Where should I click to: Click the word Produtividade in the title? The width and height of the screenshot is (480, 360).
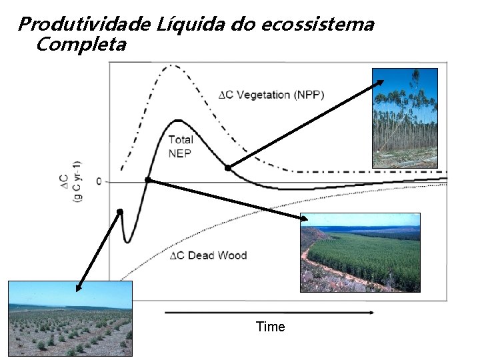click(x=85, y=25)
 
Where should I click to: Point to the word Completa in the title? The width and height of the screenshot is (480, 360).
click(x=80, y=45)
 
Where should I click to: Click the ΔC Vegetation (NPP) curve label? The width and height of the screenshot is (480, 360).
click(x=271, y=95)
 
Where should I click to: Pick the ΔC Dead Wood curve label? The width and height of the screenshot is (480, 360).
click(x=208, y=255)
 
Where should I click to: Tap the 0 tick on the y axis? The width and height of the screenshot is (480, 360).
click(x=99, y=181)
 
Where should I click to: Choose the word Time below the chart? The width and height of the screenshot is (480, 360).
click(x=270, y=327)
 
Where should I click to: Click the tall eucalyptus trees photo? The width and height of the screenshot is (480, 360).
click(x=405, y=117)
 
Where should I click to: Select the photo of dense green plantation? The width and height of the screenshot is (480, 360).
click(x=360, y=252)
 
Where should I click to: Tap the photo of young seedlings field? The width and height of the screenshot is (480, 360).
click(x=70, y=318)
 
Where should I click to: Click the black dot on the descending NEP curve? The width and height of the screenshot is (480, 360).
click(x=227, y=168)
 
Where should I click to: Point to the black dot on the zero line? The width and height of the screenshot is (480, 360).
click(x=148, y=180)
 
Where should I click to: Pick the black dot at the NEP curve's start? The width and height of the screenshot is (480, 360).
click(x=120, y=211)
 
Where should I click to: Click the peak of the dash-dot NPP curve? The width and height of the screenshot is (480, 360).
click(x=172, y=65)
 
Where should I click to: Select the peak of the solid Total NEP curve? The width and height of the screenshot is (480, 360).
click(x=177, y=121)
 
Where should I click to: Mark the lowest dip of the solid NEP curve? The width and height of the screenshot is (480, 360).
click(x=128, y=241)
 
